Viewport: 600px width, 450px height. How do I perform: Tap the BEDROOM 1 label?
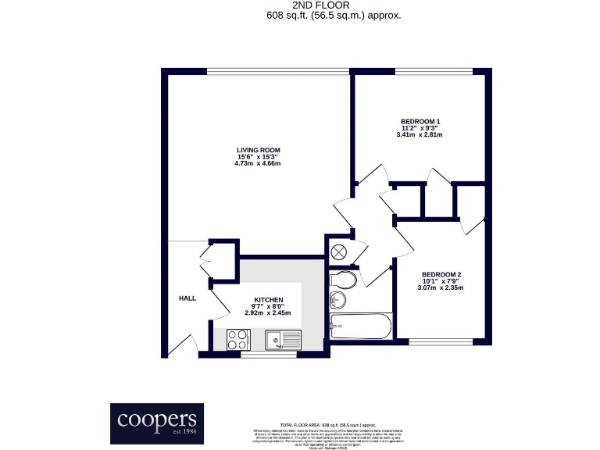click(420, 121)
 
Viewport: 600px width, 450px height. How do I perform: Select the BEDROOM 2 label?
click(441, 274)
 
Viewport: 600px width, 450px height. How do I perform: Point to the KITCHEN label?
click(268, 300)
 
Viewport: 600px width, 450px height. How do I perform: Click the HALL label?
click(187, 298)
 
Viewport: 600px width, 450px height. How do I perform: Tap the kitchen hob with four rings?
click(238, 339)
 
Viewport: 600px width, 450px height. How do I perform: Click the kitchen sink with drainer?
click(282, 339)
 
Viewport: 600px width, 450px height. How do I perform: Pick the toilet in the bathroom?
click(345, 280)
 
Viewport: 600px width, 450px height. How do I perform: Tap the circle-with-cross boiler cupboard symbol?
click(339, 252)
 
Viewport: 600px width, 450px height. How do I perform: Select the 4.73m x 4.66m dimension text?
click(259, 163)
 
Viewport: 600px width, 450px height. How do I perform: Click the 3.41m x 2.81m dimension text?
click(420, 134)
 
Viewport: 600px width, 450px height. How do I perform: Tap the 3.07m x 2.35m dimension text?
click(441, 287)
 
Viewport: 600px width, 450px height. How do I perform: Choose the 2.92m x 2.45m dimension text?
click(268, 313)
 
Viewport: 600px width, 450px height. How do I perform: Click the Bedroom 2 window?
click(441, 341)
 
